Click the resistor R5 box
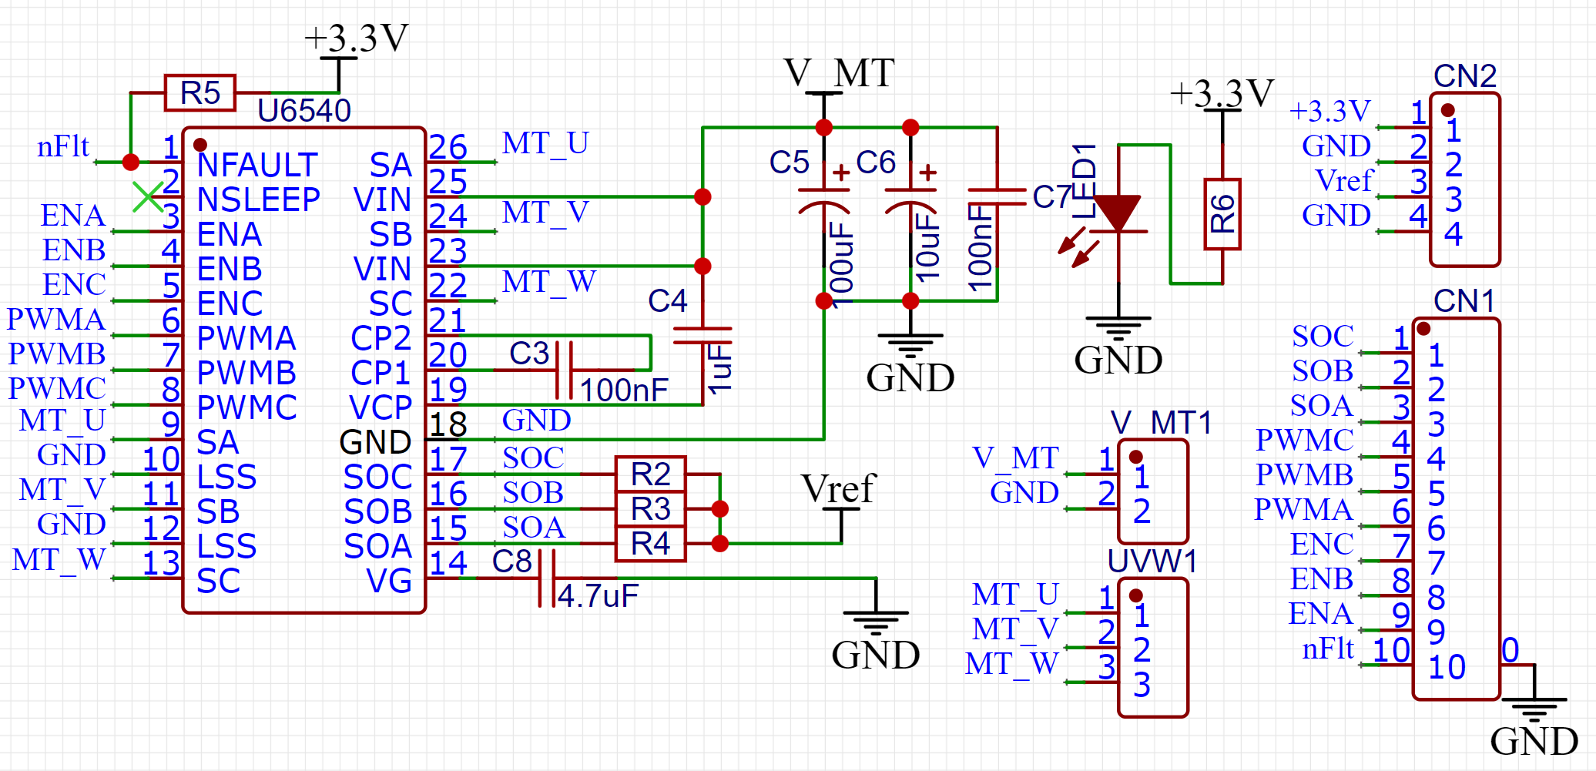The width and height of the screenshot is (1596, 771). pos(200,93)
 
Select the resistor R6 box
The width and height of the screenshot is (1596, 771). pos(1222,214)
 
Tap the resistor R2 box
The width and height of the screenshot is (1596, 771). pos(651,474)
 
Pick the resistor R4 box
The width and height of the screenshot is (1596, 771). pos(651,544)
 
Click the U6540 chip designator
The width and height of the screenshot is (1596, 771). pos(304,111)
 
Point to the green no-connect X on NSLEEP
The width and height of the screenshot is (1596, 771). pos(147,196)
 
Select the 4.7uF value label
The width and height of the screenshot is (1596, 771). pos(598,596)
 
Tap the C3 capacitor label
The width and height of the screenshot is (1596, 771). pos(529,354)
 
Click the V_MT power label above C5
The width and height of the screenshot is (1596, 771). pos(839,73)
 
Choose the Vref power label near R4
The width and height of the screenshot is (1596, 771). pos(839,488)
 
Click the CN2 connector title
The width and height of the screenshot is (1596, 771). pos(1465,76)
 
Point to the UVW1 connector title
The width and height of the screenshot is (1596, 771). pos(1152,561)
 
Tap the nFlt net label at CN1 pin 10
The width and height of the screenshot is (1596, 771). pos(1327,649)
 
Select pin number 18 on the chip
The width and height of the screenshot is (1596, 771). pos(448,424)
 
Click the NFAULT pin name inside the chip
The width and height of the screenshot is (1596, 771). pos(257,165)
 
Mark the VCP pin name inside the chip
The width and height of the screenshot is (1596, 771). pos(381,407)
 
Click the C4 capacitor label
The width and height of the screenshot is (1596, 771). pos(668,301)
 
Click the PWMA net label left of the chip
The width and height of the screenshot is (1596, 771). pos(55,319)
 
